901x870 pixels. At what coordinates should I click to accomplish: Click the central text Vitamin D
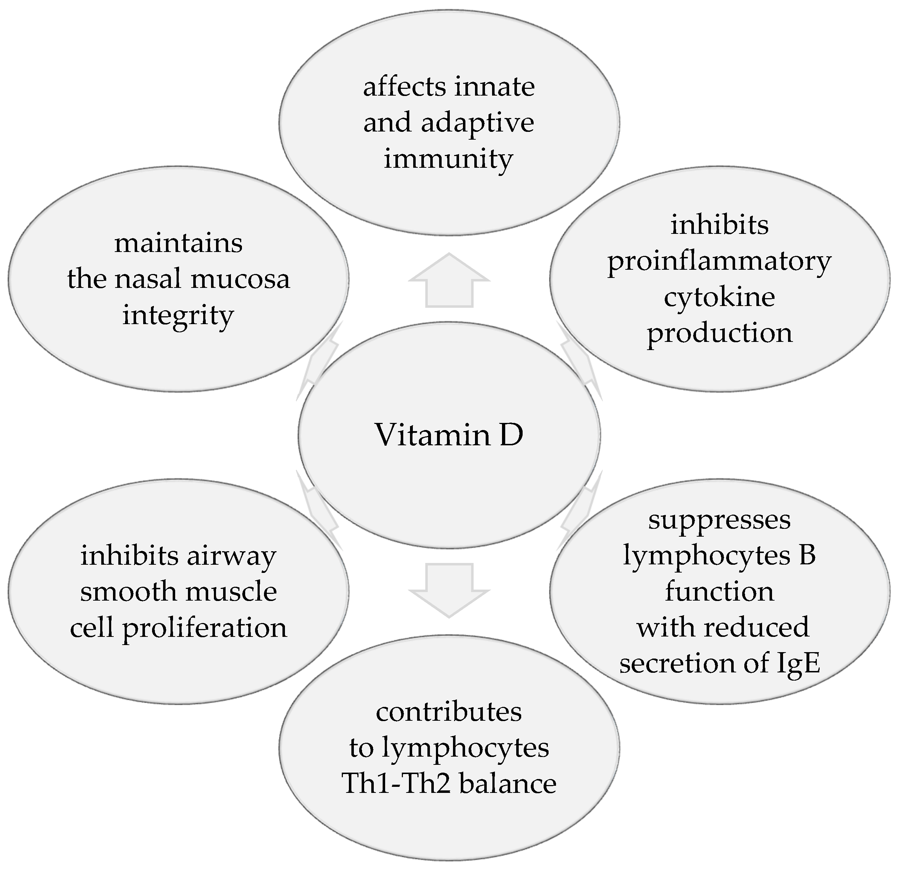(449, 435)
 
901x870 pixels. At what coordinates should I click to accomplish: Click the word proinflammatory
(719, 262)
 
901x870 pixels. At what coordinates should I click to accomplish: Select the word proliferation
(205, 628)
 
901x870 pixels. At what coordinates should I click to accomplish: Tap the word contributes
(449, 712)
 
